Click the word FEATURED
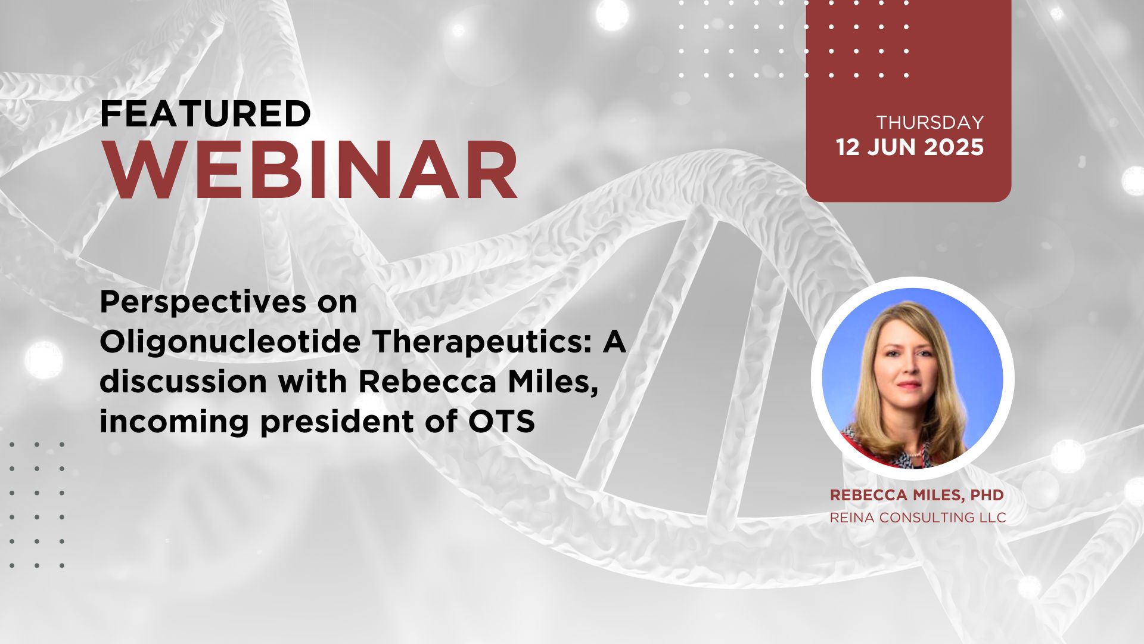click(x=206, y=114)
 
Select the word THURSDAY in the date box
click(x=930, y=122)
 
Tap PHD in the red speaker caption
click(x=987, y=495)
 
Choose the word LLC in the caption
click(x=993, y=518)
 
